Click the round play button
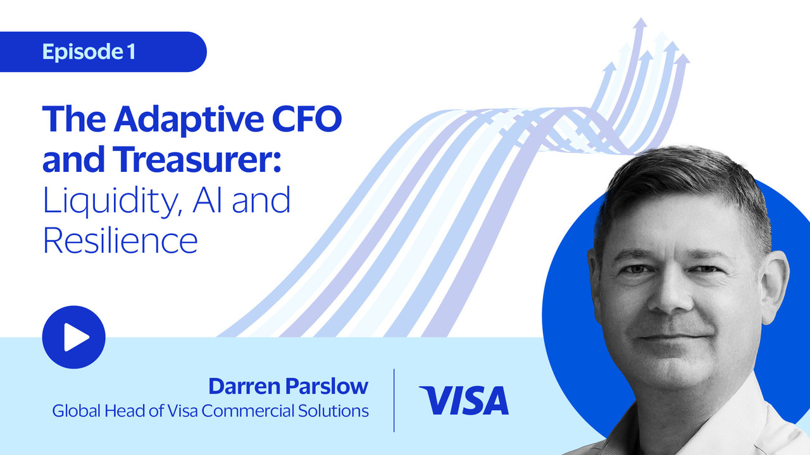(74, 337)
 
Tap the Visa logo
(464, 400)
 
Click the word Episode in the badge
(83, 52)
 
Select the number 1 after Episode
(131, 51)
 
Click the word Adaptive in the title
(189, 118)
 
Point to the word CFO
(307, 119)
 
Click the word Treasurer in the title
(196, 159)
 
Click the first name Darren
(244, 386)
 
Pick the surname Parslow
(327, 386)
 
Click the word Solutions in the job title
(333, 411)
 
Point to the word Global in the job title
(77, 411)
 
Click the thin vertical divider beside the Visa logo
(394, 400)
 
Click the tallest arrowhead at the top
(640, 22)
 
